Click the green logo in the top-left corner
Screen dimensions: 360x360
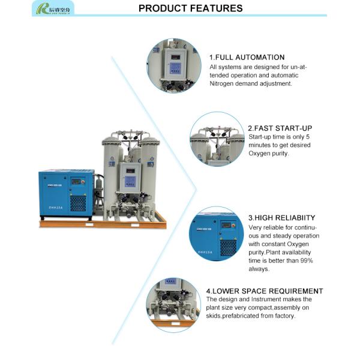[x=53, y=8]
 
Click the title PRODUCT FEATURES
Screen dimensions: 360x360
[x=190, y=8]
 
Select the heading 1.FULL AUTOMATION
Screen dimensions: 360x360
[x=247, y=57]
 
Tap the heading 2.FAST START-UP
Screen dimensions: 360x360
[x=280, y=128]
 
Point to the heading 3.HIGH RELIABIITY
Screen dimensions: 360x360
[x=281, y=217]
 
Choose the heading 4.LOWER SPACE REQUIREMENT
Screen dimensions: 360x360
[x=265, y=291]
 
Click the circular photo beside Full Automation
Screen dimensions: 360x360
[x=175, y=65]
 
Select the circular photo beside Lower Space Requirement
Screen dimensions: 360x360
[x=173, y=305]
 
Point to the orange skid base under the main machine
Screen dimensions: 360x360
[x=102, y=224]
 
